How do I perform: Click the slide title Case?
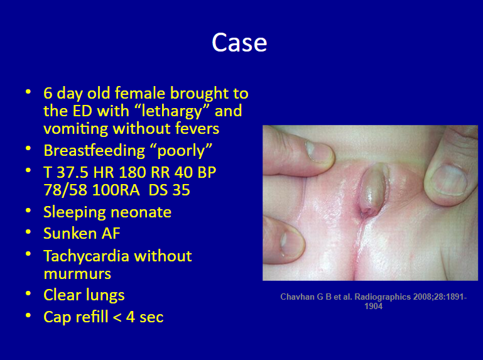(x=239, y=43)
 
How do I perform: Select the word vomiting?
(x=76, y=129)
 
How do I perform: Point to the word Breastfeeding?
(x=94, y=151)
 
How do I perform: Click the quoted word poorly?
(x=185, y=151)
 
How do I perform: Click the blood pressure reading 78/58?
(x=65, y=190)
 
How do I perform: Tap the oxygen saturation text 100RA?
(x=116, y=190)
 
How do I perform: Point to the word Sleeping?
(x=75, y=212)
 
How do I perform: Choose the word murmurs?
(x=77, y=274)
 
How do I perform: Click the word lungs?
(x=105, y=295)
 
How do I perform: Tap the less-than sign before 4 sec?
(x=117, y=317)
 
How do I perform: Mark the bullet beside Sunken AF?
(x=28, y=232)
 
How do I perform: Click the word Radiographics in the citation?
(x=383, y=297)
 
